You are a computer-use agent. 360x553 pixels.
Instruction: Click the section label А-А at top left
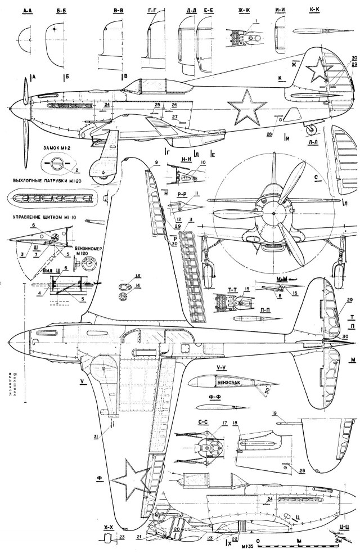coord(26,10)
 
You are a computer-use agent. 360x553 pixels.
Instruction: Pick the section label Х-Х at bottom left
coord(109,529)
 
